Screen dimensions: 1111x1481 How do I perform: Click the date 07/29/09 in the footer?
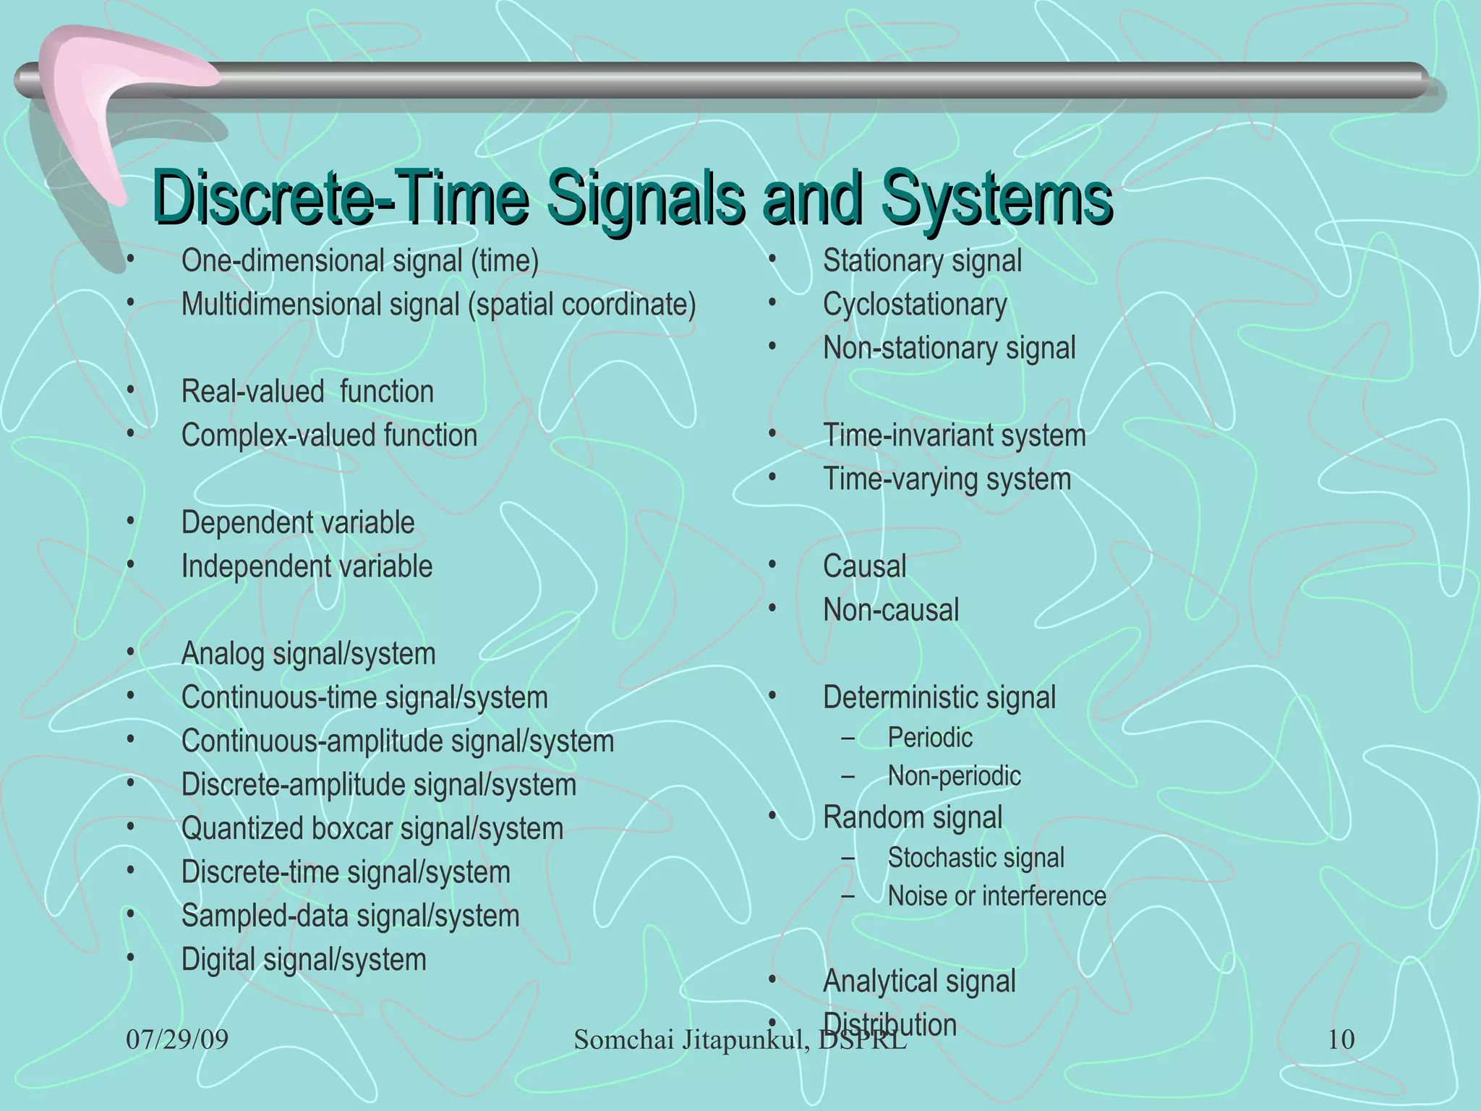coord(177,1040)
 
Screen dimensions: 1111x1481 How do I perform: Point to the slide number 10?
coord(1341,1040)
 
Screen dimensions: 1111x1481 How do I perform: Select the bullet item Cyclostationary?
coord(915,305)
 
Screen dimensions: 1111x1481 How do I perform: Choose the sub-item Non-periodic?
coord(954,776)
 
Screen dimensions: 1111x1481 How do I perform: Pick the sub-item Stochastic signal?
coord(976,858)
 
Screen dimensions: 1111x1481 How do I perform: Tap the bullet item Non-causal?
coord(891,610)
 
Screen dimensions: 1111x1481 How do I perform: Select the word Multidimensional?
coord(282,305)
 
